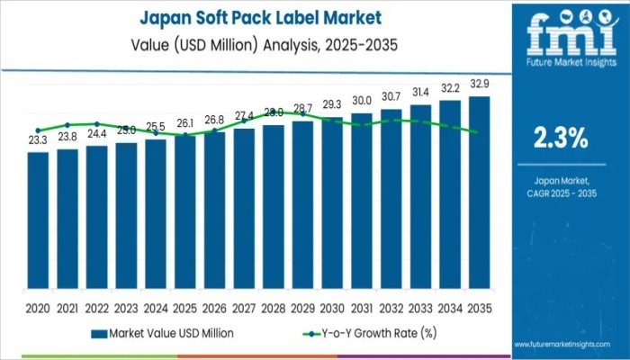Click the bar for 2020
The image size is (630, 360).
(38, 221)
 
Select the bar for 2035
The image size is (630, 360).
(480, 193)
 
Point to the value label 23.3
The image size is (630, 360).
(38, 141)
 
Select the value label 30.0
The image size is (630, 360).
(362, 101)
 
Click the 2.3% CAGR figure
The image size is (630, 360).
(561, 138)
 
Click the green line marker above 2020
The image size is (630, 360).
(38, 130)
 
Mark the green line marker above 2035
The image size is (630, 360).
(475, 132)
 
